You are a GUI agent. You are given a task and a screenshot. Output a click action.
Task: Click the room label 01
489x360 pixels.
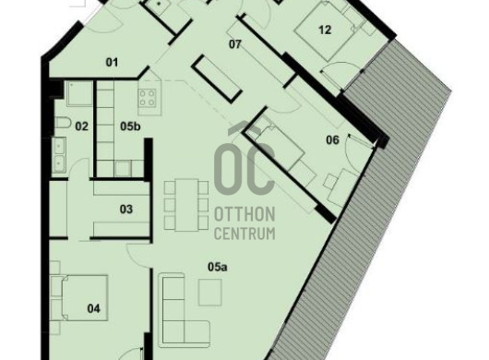(x=112, y=63)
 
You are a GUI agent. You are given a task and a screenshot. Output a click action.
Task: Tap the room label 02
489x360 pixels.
(x=82, y=126)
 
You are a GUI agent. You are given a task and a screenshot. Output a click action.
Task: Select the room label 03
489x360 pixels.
(x=126, y=210)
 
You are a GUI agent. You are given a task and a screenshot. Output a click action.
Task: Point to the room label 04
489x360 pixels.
(x=93, y=309)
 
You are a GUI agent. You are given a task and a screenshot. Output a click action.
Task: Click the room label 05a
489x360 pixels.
(x=218, y=267)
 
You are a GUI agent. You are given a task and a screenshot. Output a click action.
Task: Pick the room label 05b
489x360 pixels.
(x=130, y=126)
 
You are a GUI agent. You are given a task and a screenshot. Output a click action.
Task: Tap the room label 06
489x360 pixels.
(x=332, y=140)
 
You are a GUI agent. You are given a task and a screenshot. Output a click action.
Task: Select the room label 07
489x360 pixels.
(x=235, y=44)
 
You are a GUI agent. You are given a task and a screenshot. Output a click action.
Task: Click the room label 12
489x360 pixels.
(x=325, y=30)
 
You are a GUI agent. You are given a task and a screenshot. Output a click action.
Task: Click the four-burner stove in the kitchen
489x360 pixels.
(x=148, y=98)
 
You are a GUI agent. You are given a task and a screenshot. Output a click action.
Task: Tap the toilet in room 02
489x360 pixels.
(x=63, y=122)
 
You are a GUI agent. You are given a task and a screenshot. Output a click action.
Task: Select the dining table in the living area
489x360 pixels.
(x=186, y=205)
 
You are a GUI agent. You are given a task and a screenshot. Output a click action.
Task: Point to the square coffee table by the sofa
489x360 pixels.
(x=210, y=293)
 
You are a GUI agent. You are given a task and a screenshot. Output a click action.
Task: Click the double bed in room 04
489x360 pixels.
(x=84, y=298)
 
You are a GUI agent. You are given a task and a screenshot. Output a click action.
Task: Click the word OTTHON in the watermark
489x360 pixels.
(x=244, y=214)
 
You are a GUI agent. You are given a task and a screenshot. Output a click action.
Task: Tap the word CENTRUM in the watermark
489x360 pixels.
(x=244, y=234)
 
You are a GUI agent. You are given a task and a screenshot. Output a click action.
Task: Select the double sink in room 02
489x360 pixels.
(x=59, y=155)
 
